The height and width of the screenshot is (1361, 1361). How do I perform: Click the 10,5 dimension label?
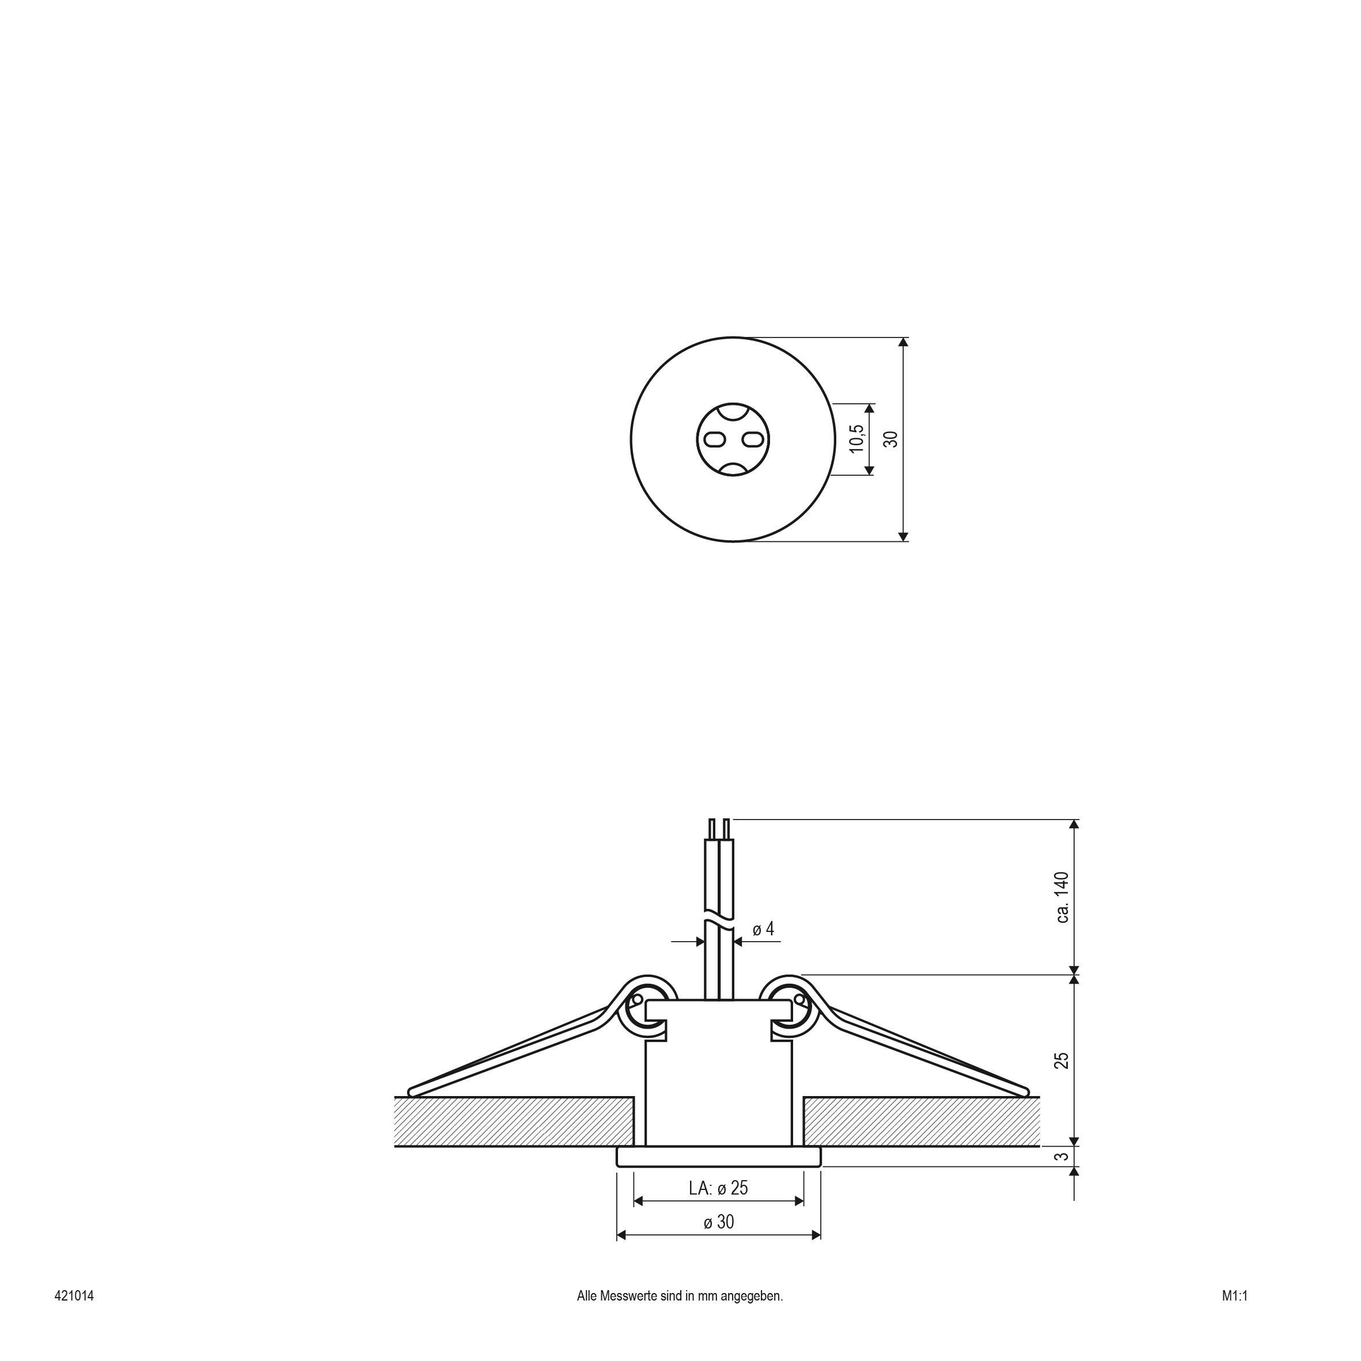pos(856,439)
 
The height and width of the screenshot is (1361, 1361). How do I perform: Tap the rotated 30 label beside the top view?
pos(891,439)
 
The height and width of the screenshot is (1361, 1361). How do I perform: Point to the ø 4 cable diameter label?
pos(764,929)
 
